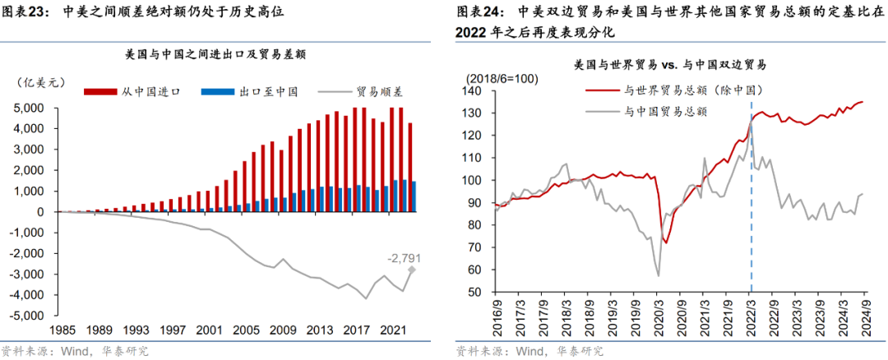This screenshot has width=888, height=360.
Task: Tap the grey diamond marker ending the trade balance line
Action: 413,270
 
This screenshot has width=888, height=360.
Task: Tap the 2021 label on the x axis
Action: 395,330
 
